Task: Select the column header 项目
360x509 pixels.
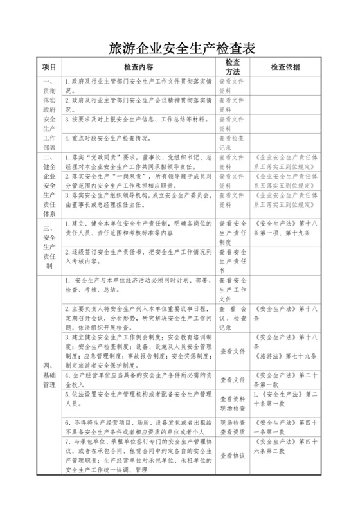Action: pos(50,66)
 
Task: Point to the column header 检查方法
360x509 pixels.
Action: pos(232,66)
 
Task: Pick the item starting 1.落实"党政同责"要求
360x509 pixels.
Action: pos(138,161)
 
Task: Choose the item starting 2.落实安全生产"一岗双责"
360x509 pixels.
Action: pos(138,180)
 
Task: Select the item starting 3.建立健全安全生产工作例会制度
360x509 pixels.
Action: pos(138,351)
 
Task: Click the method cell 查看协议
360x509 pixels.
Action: pos(232,456)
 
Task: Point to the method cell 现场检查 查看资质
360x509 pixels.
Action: pos(232,427)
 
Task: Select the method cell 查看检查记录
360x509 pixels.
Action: pos(232,142)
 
